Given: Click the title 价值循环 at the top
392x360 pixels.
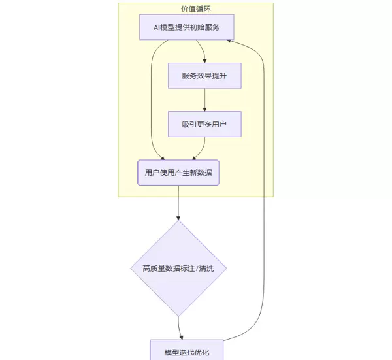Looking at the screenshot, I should tap(195, 8).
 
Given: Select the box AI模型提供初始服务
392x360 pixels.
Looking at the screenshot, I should tap(187, 27).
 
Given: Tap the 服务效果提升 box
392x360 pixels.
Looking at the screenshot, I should tap(204, 75).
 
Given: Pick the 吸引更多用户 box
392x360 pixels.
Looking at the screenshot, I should tap(204, 123).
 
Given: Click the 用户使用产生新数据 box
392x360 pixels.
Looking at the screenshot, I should tap(178, 172).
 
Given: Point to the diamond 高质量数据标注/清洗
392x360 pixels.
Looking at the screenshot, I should tap(178, 268).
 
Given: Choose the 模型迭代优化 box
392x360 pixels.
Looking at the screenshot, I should tap(187, 352).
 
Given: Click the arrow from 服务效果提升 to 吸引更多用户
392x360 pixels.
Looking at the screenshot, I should tap(205, 99).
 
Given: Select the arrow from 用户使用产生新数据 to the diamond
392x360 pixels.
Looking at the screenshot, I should tap(178, 203).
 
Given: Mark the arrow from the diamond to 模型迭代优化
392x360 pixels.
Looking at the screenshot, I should tap(180, 327).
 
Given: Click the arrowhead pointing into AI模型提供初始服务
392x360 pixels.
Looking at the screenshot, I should tap(229, 41).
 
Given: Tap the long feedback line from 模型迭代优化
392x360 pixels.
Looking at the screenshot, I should tap(264, 196).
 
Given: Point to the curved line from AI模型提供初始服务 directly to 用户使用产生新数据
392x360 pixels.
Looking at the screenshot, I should tap(151, 98).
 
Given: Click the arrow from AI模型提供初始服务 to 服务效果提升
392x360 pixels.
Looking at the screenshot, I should tap(203, 52).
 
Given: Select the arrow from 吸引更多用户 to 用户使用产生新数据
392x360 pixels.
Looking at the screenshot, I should tap(201, 149).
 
